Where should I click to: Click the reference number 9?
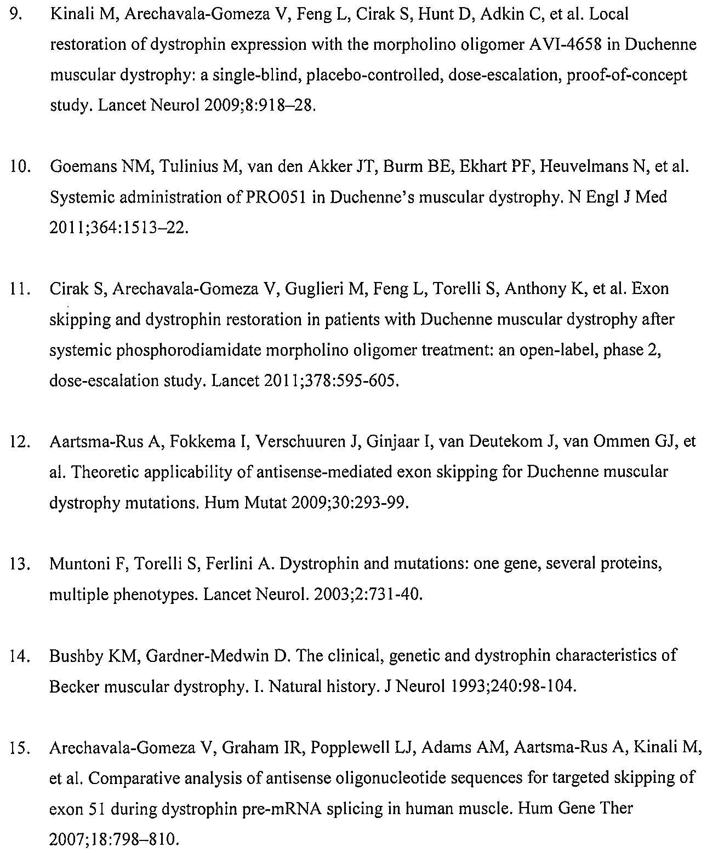point(16,14)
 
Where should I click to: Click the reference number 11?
point(19,289)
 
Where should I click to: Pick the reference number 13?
point(19,564)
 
